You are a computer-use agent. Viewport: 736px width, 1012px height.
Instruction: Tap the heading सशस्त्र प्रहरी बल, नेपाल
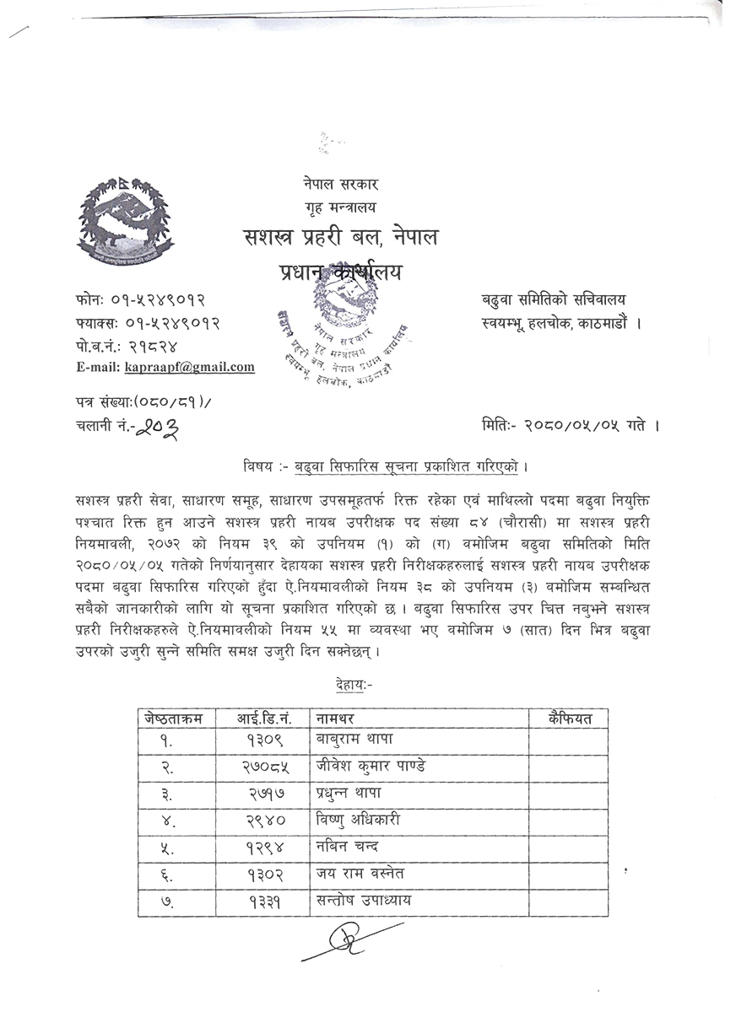[338, 239]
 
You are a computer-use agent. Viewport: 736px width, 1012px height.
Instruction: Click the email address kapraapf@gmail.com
[190, 367]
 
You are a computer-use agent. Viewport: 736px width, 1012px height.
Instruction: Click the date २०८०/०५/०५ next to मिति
[579, 427]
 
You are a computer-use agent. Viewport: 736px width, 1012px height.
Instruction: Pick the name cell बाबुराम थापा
[355, 740]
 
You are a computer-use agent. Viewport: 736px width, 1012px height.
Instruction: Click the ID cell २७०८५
[263, 766]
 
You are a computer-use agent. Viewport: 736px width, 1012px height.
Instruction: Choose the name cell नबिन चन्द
[348, 847]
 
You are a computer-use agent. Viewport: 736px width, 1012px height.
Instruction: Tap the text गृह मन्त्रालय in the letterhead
[341, 207]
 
